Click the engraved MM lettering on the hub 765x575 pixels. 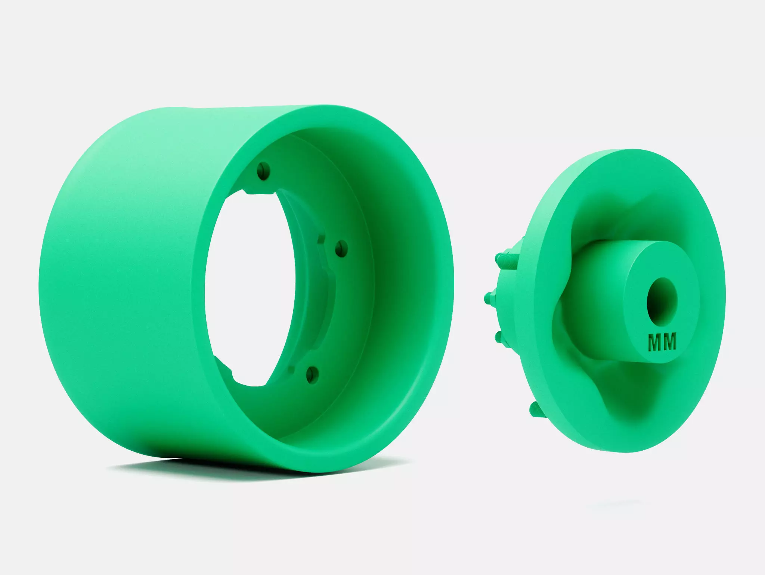[x=662, y=342]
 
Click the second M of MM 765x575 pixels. [x=670, y=342]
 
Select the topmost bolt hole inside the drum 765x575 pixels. [x=264, y=171]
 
